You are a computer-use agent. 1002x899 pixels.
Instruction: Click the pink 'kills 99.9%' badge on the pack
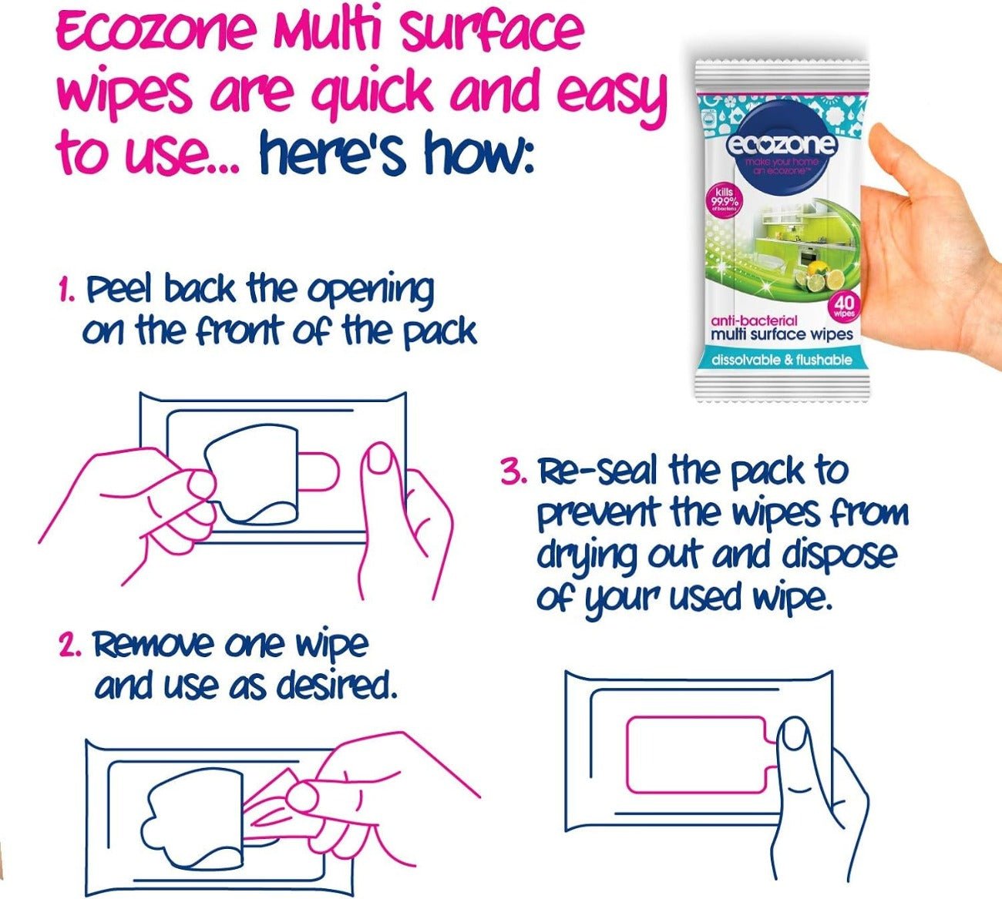pyautogui.click(x=726, y=202)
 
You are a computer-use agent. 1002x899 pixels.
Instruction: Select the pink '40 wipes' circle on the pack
pyautogui.click(x=846, y=307)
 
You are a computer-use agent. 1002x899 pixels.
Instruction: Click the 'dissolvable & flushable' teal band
pyautogui.click(x=781, y=360)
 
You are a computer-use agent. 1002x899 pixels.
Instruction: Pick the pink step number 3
pyautogui.click(x=513, y=471)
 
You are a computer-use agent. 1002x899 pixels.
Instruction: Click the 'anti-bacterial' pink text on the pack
pyautogui.click(x=753, y=320)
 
